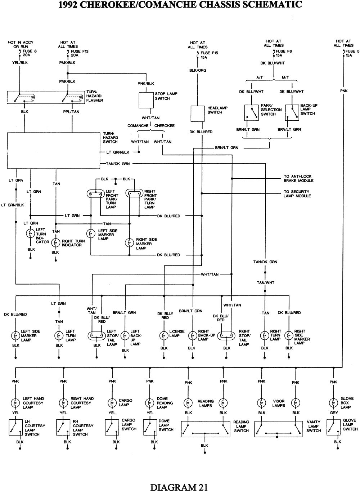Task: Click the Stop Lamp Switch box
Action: (146, 100)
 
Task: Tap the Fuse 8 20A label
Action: (30, 53)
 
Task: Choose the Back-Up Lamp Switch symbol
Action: (292, 113)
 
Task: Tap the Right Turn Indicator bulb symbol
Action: (55, 243)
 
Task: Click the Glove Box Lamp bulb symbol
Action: (334, 403)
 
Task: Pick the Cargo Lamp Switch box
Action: (112, 427)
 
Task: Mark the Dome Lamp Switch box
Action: (150, 427)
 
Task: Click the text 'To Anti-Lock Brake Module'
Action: (298, 179)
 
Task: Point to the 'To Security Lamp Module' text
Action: (297, 194)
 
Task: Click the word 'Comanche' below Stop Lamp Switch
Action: (138, 126)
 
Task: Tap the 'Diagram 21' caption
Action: (179, 487)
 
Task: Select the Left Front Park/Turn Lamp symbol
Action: (95, 193)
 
